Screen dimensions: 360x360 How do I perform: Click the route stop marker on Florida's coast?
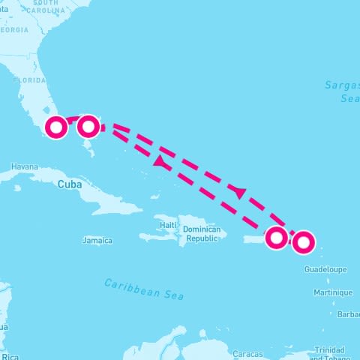coord(55,127)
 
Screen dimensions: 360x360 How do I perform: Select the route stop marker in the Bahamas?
coord(88,126)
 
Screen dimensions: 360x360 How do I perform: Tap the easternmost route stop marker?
coord(303,241)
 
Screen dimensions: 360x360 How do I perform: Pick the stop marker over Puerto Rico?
coord(277,238)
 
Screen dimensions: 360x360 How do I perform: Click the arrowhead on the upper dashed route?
coord(238,192)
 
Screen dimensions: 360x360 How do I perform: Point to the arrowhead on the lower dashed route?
coord(159,161)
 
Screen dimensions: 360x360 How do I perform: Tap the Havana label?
coord(24,166)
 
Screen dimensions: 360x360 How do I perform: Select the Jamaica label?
coord(97,241)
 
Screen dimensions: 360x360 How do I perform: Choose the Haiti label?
coord(168,225)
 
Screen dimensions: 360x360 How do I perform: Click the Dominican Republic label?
coord(201,233)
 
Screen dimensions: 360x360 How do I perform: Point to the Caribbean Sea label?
coord(144,289)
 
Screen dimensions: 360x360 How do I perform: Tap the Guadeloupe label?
coord(325,268)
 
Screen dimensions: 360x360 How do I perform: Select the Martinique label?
coord(333,292)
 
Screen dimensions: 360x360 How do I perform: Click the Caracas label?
coord(247,353)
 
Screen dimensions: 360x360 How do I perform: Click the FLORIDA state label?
coord(30,79)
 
